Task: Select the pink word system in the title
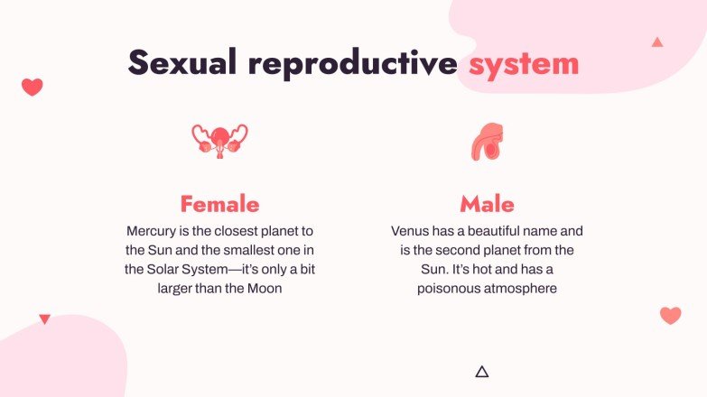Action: (x=524, y=63)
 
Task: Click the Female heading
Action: (x=219, y=203)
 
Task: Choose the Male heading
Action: (x=487, y=203)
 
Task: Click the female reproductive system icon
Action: (x=219, y=140)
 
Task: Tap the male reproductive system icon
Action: (x=487, y=142)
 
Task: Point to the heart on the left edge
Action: (x=33, y=87)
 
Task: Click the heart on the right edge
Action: (x=670, y=315)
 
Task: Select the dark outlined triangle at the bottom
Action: (x=481, y=372)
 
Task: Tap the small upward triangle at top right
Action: (x=657, y=42)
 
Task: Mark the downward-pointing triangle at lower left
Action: (x=44, y=319)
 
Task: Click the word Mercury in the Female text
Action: (x=154, y=230)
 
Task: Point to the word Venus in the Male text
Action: (x=411, y=230)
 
